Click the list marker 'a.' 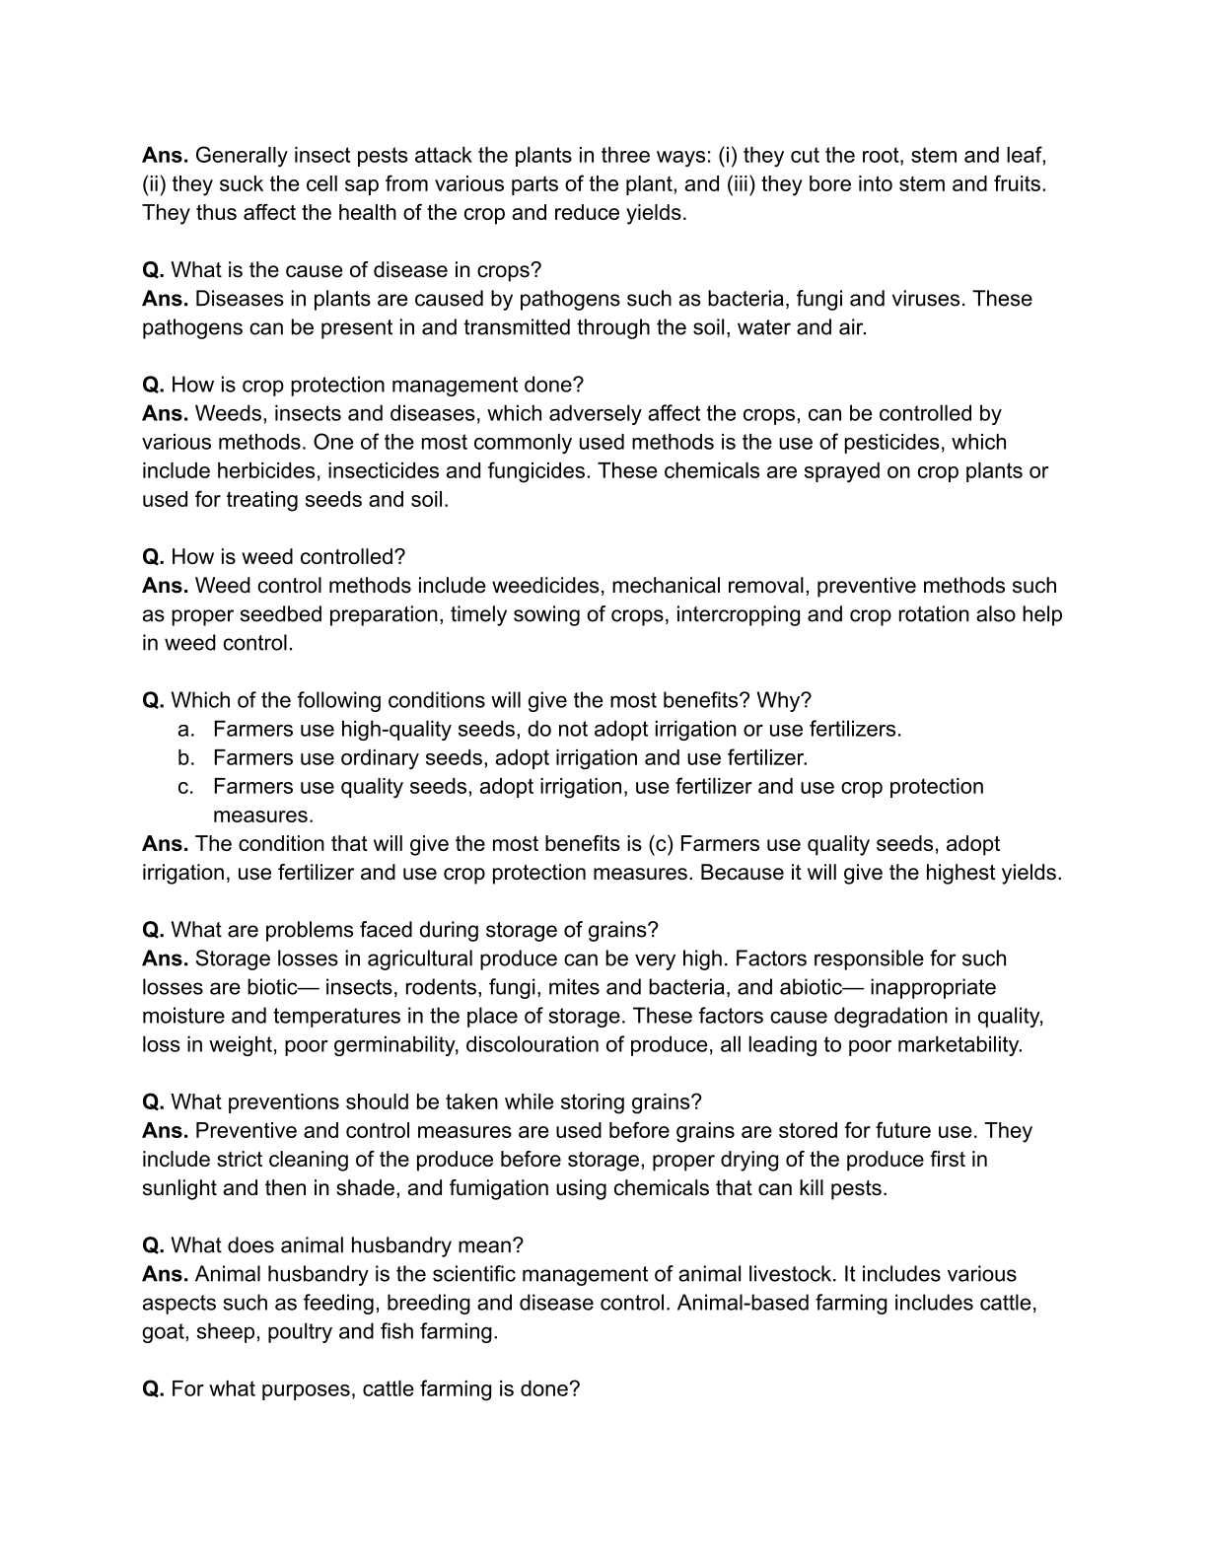click(x=186, y=730)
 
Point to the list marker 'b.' click(x=186, y=758)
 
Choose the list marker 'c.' click(x=186, y=787)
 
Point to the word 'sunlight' click(x=178, y=1188)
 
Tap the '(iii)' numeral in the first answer click(x=741, y=184)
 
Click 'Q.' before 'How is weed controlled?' click(x=153, y=557)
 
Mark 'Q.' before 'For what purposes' click(x=153, y=1389)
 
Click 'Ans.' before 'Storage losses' click(x=165, y=959)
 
